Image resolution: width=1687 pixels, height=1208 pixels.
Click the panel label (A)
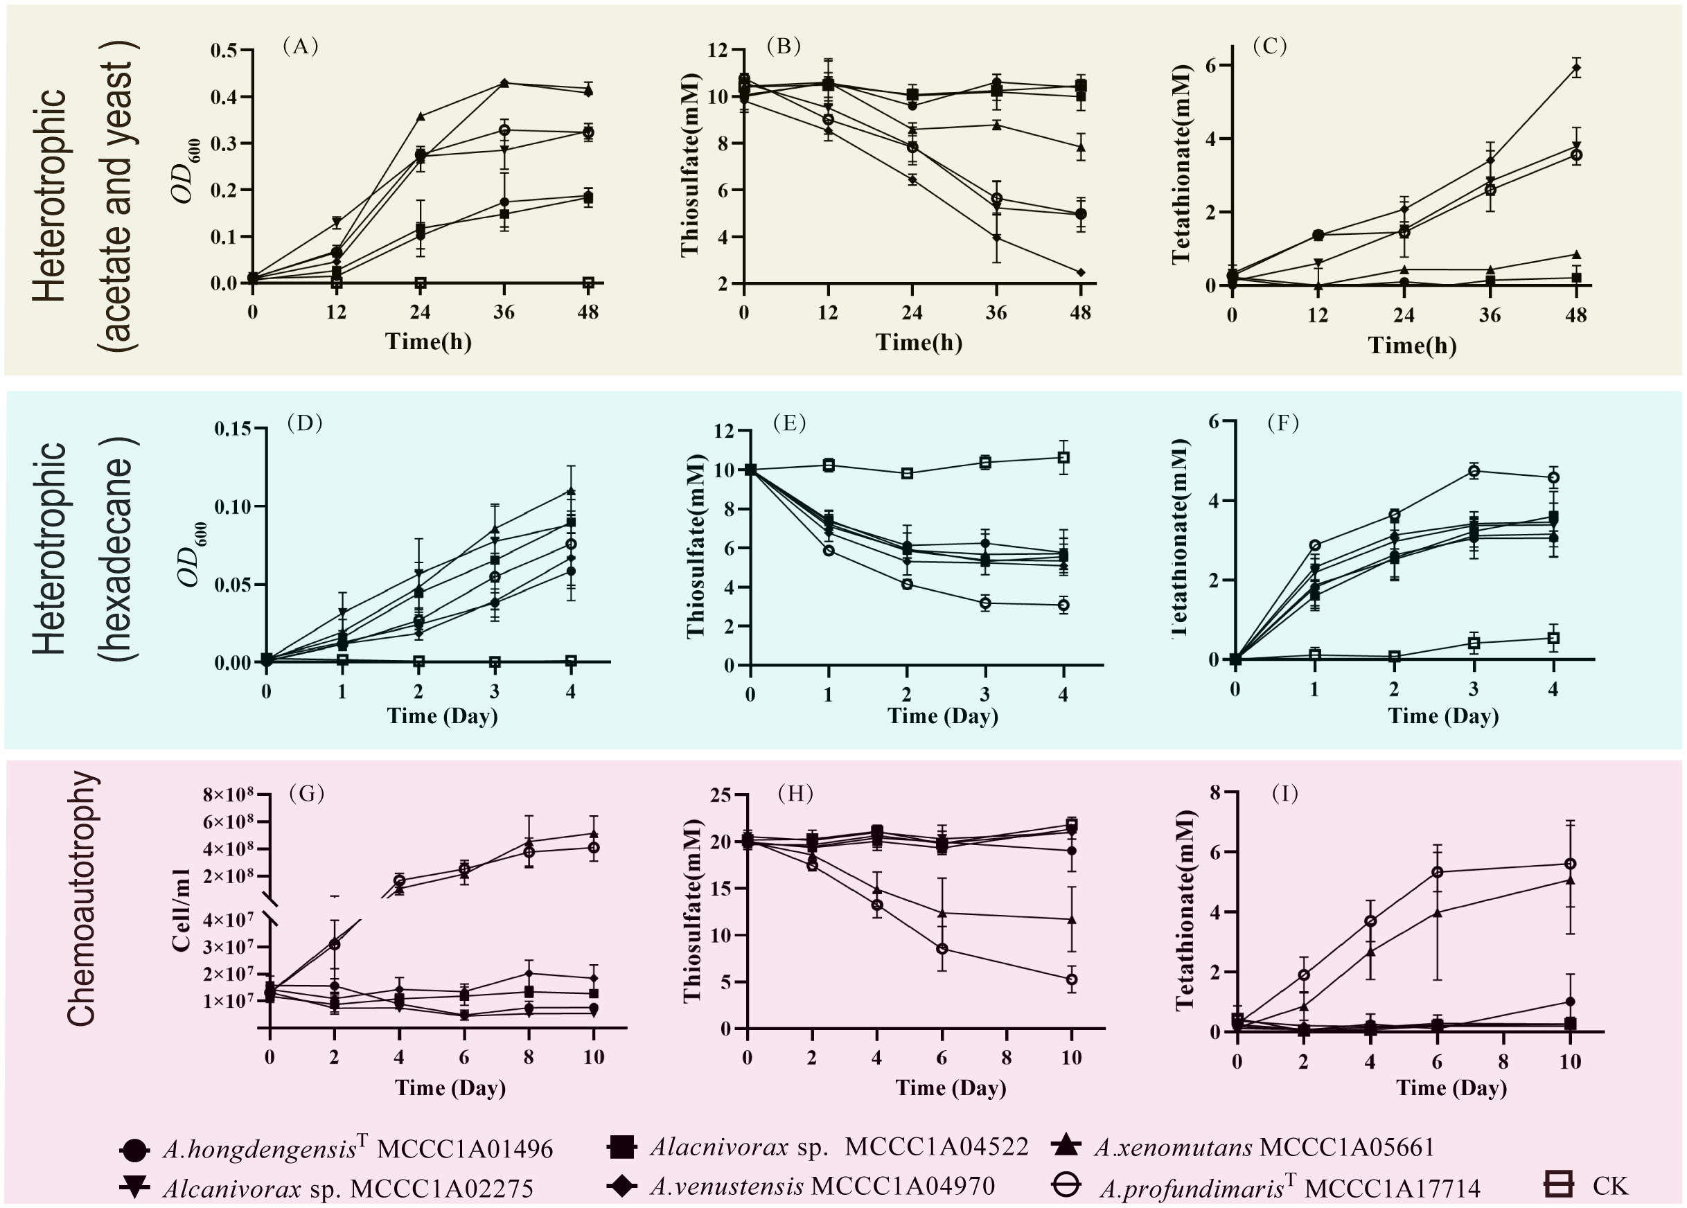pos(301,47)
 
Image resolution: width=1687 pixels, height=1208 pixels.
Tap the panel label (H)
pos(795,794)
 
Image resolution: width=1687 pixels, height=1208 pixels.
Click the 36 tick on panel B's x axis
pos(996,313)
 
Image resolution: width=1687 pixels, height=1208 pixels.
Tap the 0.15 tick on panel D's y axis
pos(233,429)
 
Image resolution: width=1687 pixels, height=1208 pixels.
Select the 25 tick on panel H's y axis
pos(719,796)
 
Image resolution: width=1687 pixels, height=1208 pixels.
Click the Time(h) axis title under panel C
pos(1412,345)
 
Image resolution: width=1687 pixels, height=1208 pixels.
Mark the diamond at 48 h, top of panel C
pos(1575,69)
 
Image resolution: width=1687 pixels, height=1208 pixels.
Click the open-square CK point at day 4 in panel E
pos(1063,457)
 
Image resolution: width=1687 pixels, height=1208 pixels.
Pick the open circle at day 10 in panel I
pos(1570,864)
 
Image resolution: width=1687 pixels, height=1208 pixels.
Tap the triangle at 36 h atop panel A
pos(504,82)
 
